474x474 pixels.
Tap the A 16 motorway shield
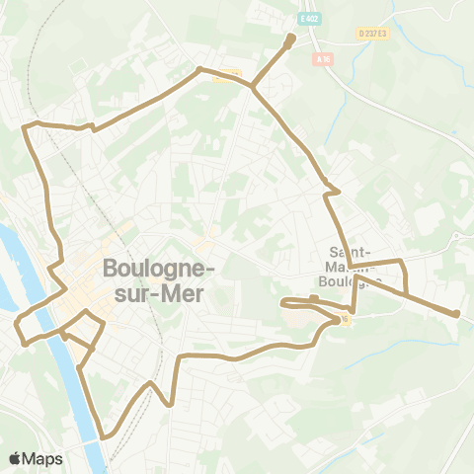click(x=323, y=59)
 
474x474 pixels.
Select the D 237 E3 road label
click(x=371, y=33)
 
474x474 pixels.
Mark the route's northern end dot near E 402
click(x=290, y=40)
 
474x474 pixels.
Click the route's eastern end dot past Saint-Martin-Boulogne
click(x=456, y=314)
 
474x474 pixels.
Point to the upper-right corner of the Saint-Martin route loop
click(x=403, y=261)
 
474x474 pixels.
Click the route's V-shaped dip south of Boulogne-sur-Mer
click(x=170, y=403)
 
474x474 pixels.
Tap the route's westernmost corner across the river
click(x=16, y=322)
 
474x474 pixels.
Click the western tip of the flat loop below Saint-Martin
click(x=282, y=302)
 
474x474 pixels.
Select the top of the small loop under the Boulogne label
click(x=87, y=312)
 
